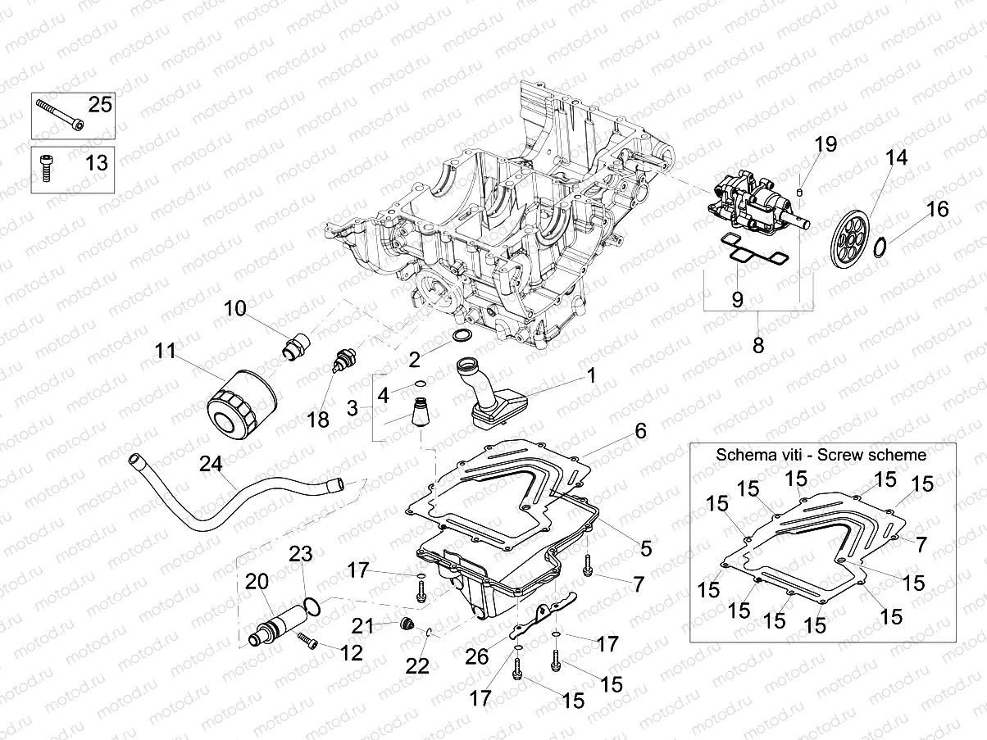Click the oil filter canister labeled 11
click(x=242, y=403)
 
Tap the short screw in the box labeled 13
click(x=46, y=168)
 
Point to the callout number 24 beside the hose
click(x=211, y=464)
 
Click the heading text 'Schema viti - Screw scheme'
click(x=821, y=455)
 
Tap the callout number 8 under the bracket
click(x=758, y=346)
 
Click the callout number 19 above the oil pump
click(x=826, y=144)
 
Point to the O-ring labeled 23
click(x=312, y=607)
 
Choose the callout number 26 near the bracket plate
click(x=476, y=656)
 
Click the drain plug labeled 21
click(x=407, y=624)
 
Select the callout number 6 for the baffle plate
click(x=640, y=431)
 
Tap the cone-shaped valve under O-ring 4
click(x=420, y=411)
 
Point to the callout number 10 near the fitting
click(x=234, y=309)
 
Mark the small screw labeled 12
click(x=307, y=641)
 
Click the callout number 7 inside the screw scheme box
click(x=921, y=545)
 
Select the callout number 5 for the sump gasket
click(x=646, y=548)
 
